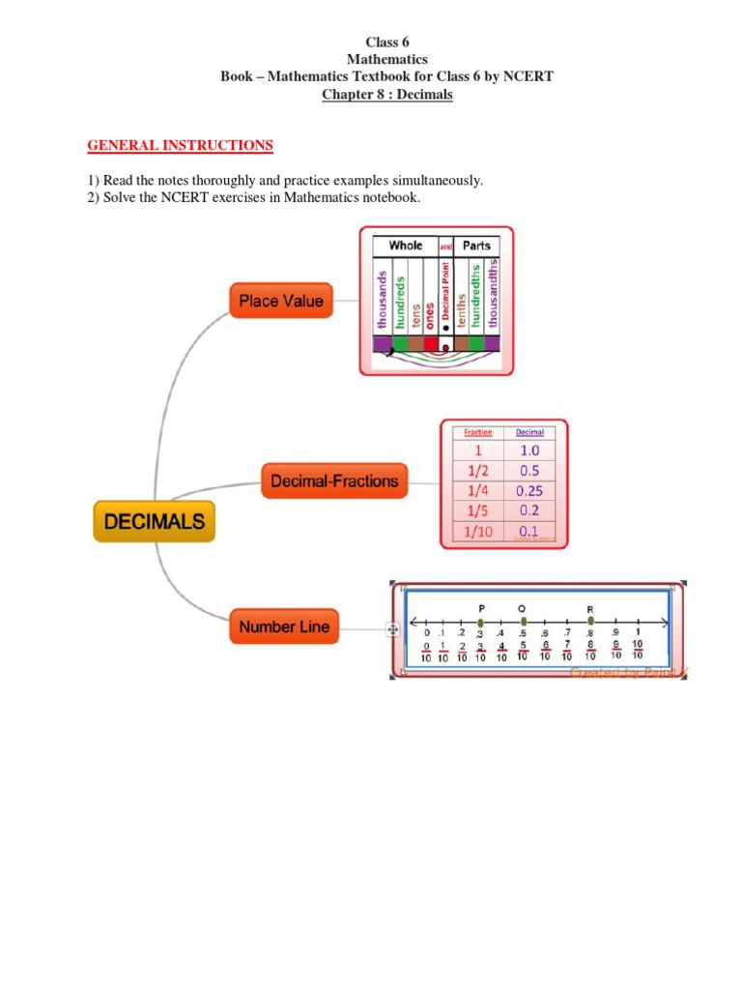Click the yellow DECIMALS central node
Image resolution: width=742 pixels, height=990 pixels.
coord(155,522)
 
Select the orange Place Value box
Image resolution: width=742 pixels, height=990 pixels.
coord(281,301)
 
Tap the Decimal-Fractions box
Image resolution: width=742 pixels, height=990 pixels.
coord(334,480)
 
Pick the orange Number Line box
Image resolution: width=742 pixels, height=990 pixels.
coord(284,626)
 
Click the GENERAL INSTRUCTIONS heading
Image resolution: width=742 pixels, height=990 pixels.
coord(181,145)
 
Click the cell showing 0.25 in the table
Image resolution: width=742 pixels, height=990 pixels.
coord(528,490)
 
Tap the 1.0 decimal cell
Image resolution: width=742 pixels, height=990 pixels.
coord(528,451)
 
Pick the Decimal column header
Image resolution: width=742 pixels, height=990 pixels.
coord(529,432)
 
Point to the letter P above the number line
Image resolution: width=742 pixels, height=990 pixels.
coord(480,608)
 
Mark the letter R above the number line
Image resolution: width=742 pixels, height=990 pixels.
coord(590,608)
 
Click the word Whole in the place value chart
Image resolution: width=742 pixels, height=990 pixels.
coord(406,246)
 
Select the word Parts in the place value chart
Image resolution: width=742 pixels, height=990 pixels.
coord(476,246)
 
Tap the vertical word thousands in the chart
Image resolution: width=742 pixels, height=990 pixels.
coord(383,298)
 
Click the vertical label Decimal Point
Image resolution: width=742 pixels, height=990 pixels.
coord(446,296)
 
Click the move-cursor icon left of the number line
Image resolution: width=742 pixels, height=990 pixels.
coord(393,629)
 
